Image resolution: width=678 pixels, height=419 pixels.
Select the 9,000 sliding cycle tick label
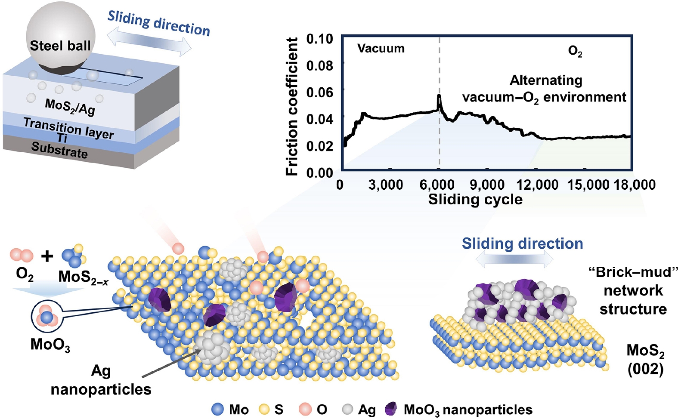(x=487, y=185)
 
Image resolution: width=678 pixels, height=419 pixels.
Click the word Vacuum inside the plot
(x=381, y=49)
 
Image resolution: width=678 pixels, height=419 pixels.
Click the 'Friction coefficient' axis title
(x=292, y=106)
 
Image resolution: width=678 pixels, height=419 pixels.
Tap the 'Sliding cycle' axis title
(x=475, y=200)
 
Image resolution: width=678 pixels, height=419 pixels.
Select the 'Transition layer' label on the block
(x=68, y=128)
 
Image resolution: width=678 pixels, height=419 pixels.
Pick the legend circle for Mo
(x=218, y=409)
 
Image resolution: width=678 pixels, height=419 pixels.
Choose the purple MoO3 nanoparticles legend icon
(x=391, y=409)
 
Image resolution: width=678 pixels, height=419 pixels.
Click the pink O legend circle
(x=305, y=409)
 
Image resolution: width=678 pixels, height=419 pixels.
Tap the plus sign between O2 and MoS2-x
(x=47, y=256)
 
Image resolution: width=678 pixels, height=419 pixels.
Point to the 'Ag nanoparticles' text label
(x=101, y=380)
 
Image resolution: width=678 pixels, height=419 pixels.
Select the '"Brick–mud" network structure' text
(x=633, y=290)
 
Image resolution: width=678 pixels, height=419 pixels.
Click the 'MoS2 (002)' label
(x=645, y=360)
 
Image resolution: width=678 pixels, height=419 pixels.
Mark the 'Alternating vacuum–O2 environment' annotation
(x=545, y=89)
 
